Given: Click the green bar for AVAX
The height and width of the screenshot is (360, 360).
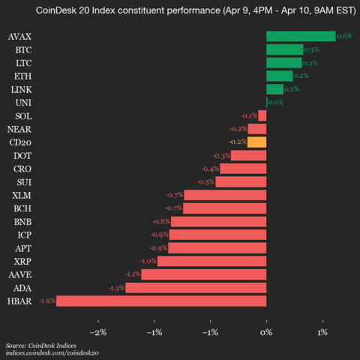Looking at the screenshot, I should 301,36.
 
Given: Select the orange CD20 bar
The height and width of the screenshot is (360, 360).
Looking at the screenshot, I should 256,142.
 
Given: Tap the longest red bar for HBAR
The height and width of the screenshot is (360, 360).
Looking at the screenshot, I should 161,301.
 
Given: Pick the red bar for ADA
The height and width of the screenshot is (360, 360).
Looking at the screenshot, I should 196,287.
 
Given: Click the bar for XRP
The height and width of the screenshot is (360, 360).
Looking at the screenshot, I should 211,261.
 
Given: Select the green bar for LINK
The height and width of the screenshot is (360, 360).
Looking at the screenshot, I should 274,89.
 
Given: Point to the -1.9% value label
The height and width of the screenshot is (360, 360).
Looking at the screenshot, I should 47,301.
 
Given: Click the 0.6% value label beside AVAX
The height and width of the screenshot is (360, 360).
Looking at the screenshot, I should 345,36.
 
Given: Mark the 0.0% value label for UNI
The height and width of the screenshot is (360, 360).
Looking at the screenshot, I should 275,102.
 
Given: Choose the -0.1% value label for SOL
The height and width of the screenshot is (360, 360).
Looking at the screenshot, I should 249,115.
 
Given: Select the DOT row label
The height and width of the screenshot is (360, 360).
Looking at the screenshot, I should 23,155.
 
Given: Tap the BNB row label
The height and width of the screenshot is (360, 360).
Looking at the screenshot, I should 22,221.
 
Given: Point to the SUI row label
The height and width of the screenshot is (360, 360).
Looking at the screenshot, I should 24,181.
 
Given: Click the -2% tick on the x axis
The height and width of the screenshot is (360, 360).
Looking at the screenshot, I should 97,332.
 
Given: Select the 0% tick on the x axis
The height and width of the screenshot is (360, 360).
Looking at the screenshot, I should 266,332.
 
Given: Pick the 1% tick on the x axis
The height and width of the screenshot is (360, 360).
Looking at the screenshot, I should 322,332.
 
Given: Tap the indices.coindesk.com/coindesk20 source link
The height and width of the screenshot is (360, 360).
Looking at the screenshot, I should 52,352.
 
